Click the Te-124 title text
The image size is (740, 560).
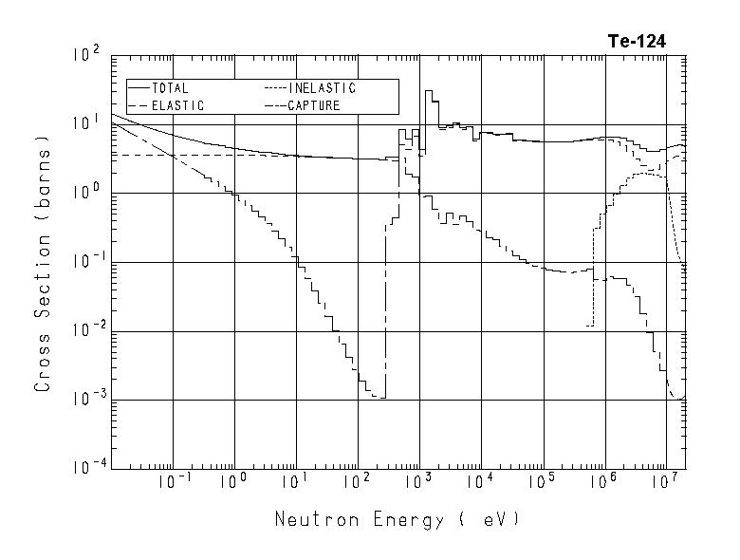pos(637,41)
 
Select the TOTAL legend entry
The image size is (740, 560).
pos(170,88)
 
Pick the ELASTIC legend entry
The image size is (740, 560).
pos(176,105)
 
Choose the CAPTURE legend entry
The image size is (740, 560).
pos(314,105)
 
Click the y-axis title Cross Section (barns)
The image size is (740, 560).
pos(43,270)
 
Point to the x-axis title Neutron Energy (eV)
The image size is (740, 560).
pos(398,519)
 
